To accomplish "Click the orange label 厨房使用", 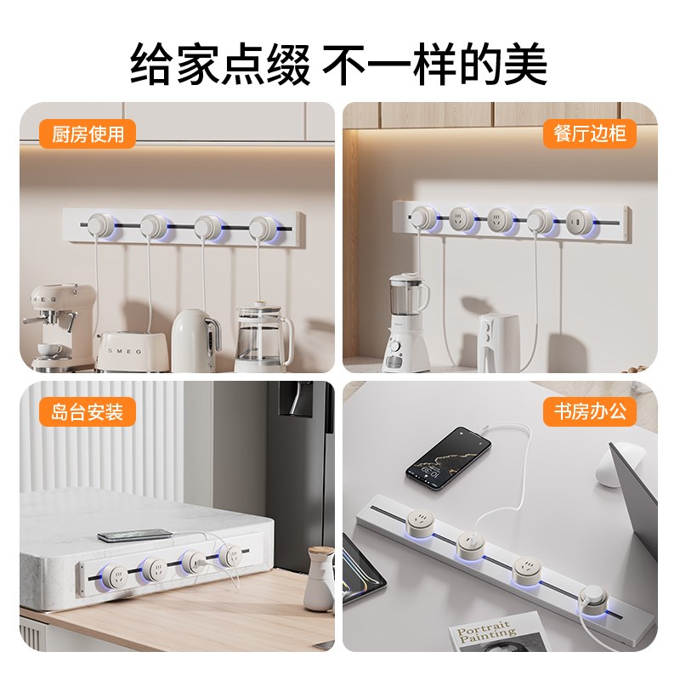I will (x=88, y=134).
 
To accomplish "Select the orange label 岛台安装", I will (x=88, y=412).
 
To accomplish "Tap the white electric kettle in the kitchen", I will (x=197, y=339).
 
